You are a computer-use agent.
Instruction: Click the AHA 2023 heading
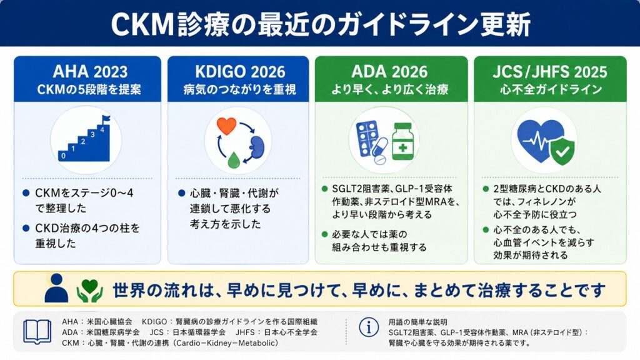coord(90,72)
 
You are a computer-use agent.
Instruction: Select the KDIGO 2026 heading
coord(240,72)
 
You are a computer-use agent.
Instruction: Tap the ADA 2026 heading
coord(389,72)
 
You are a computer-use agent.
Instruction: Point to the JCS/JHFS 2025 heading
coord(550,72)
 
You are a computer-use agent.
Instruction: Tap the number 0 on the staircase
coord(63,156)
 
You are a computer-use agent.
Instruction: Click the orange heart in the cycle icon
coord(226,126)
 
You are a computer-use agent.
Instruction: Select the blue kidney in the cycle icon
coord(257,147)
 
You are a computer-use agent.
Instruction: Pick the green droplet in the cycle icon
coord(234,160)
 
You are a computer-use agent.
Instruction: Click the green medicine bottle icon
coord(402,141)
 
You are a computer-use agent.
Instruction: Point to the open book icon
coord(37,331)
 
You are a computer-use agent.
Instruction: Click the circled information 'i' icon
coord(369,327)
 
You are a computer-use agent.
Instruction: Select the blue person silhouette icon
coord(56,288)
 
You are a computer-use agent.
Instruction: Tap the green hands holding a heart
coord(90,290)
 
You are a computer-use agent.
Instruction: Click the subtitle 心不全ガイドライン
coord(551,89)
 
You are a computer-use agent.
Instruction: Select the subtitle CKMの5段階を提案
coord(89,89)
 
